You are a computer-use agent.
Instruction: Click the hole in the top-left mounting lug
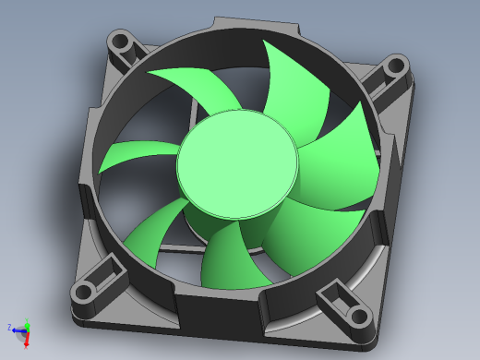(120, 42)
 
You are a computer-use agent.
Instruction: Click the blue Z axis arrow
(18, 328)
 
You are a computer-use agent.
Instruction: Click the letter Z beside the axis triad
(8, 327)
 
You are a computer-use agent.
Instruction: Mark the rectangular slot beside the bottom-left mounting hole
(110, 270)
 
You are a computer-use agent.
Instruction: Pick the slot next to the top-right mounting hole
(378, 85)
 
